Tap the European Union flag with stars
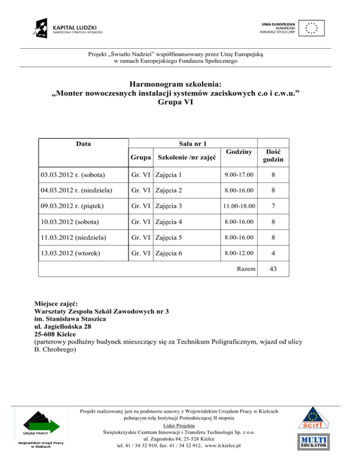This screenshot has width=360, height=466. pyautogui.click(x=311, y=28)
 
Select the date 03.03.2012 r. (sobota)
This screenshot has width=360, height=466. pyautogui.click(x=72, y=175)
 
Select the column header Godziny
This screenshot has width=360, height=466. pyautogui.click(x=239, y=152)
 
